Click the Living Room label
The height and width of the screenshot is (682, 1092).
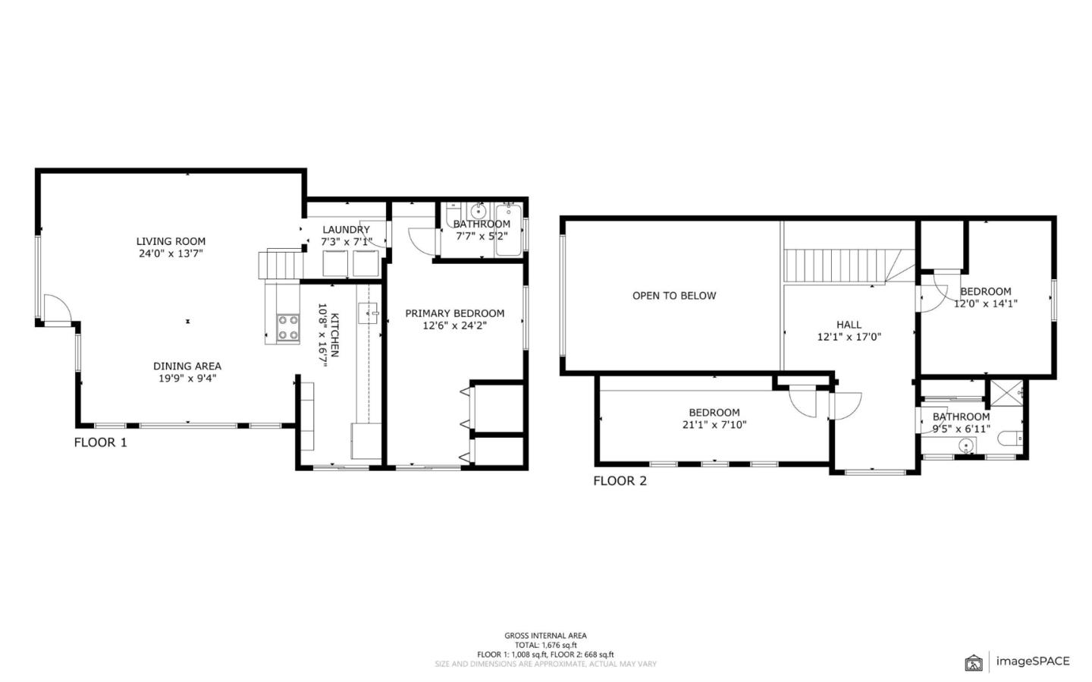(x=171, y=241)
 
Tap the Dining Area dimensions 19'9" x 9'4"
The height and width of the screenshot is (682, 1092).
(x=187, y=379)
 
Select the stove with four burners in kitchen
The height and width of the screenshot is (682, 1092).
(x=287, y=327)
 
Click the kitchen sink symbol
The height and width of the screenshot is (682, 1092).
(x=368, y=311)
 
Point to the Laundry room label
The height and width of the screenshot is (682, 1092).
(x=346, y=230)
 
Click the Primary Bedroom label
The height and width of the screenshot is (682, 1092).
(x=454, y=313)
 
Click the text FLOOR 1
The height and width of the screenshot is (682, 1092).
(x=100, y=442)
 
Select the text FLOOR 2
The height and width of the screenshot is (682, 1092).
(x=620, y=480)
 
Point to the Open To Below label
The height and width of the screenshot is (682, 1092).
(x=673, y=296)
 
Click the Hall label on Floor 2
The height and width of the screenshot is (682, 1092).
(x=849, y=325)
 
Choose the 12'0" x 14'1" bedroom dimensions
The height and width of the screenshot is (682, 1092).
(x=985, y=303)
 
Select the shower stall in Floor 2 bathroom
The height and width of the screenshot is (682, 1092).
(x=1007, y=392)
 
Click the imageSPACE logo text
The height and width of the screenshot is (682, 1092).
(x=1032, y=661)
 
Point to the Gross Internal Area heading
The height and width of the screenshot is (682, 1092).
(x=545, y=636)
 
